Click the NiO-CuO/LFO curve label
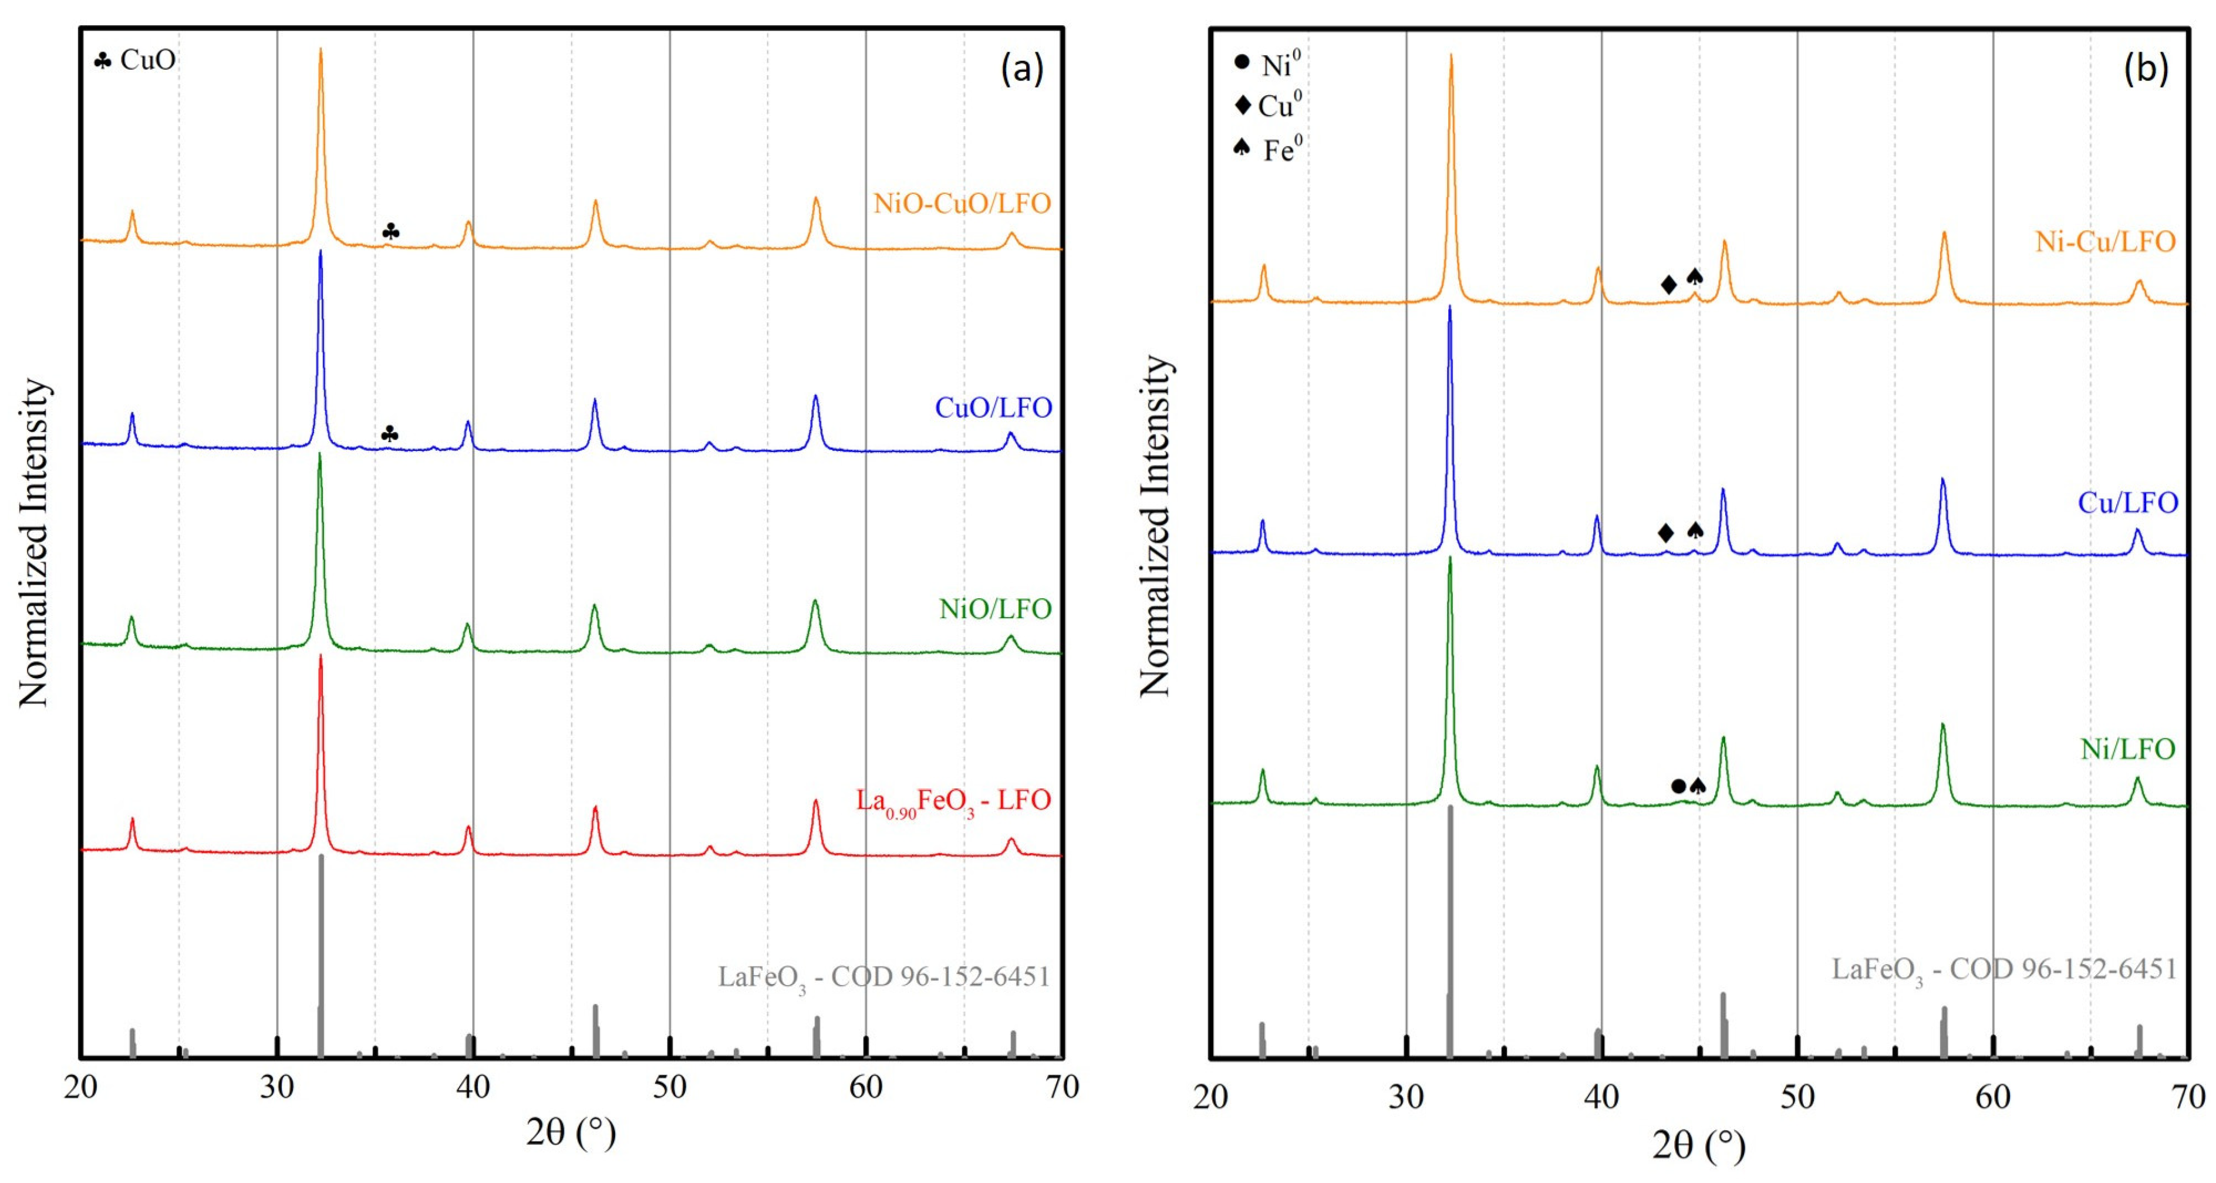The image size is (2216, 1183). (962, 203)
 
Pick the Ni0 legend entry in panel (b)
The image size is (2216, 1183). (1268, 63)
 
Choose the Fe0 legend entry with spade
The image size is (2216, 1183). (1268, 150)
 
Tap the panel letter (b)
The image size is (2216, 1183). (2146, 68)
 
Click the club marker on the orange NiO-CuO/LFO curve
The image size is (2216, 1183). (390, 231)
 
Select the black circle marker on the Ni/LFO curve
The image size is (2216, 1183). (1678, 786)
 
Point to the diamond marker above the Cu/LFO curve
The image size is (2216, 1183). (1665, 532)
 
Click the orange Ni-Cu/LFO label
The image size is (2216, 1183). (2104, 242)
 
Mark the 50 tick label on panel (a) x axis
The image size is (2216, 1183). (669, 1087)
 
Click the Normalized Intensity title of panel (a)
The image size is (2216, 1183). (35, 542)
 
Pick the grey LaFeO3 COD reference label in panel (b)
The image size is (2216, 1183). (2003, 970)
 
